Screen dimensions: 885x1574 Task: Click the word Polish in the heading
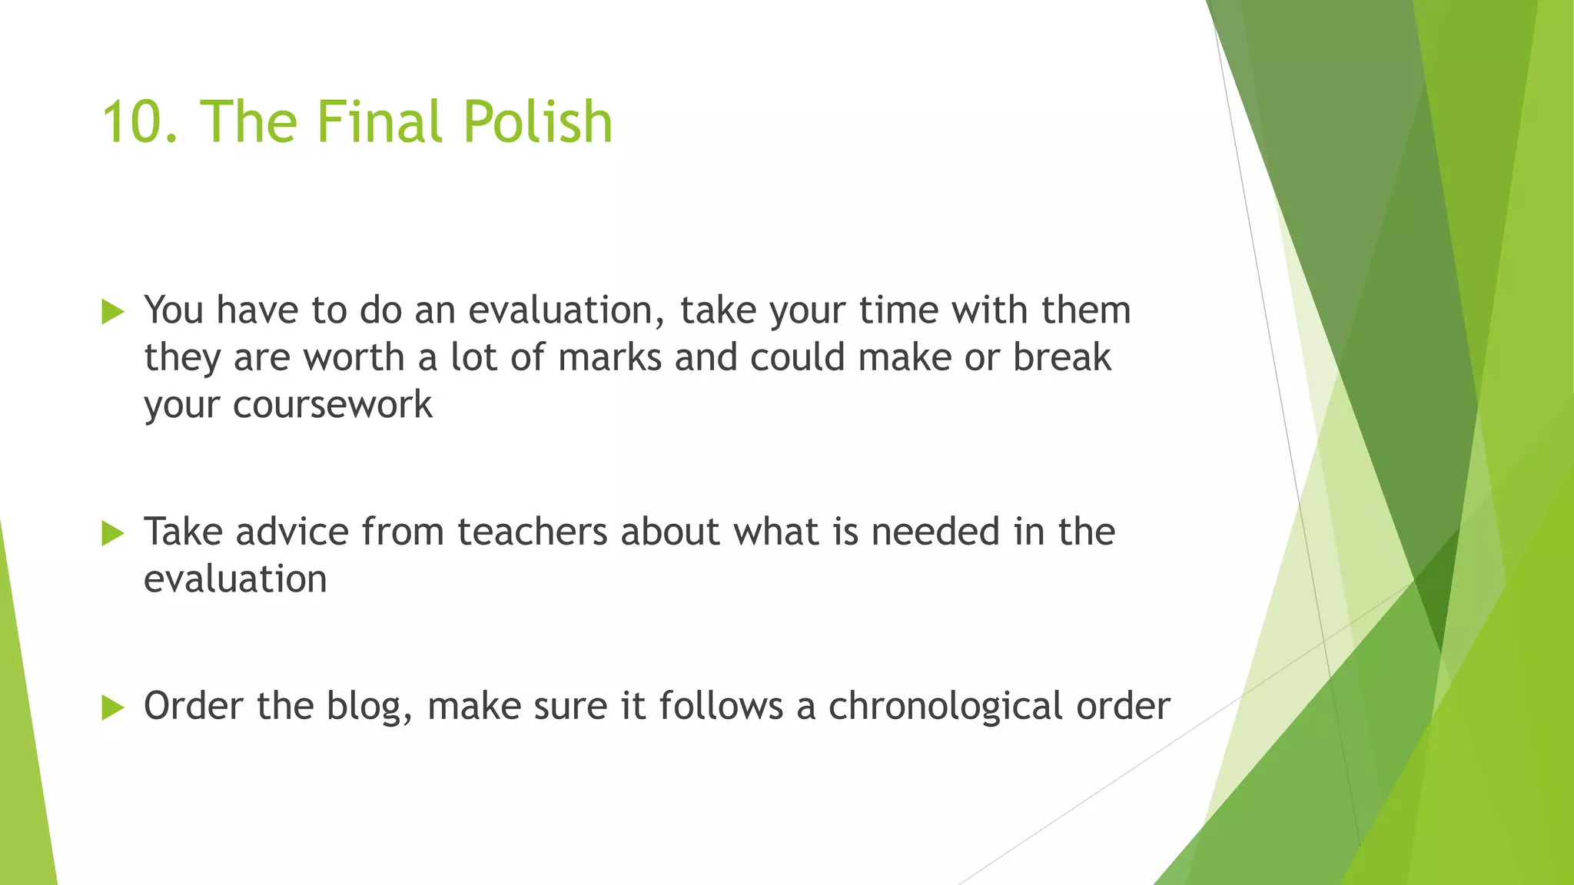(537, 123)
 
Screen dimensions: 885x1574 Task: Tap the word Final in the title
(380, 123)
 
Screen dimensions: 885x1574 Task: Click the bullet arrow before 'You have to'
(112, 312)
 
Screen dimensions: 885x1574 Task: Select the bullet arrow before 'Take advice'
(112, 533)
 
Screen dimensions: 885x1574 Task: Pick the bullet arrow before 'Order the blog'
(112, 708)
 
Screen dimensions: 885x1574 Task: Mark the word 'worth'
(354, 358)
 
